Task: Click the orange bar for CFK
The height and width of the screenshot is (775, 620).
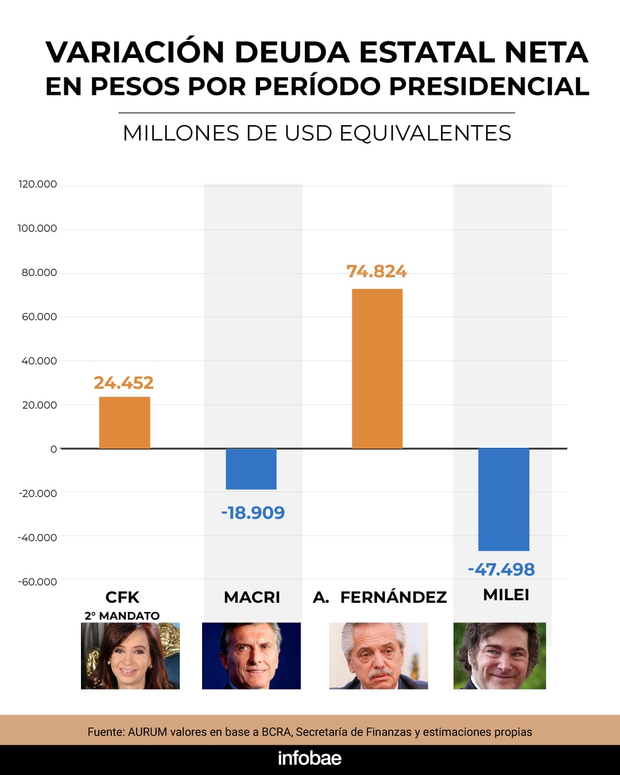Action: pyautogui.click(x=125, y=423)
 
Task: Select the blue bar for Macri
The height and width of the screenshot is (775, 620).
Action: pyautogui.click(x=251, y=469)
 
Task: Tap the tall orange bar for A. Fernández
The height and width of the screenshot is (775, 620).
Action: pyautogui.click(x=377, y=369)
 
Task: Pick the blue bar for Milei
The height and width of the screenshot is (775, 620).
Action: pyautogui.click(x=503, y=499)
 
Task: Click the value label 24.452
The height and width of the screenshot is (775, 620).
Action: pyautogui.click(x=123, y=383)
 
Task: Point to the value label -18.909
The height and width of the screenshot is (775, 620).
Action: pyautogui.click(x=253, y=513)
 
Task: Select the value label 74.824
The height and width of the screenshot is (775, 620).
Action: pyautogui.click(x=377, y=272)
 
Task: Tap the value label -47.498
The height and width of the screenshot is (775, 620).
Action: pyautogui.click(x=501, y=569)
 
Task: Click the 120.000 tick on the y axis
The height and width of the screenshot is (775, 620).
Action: pyautogui.click(x=38, y=184)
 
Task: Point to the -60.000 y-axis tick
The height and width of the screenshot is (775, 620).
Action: pyautogui.click(x=38, y=582)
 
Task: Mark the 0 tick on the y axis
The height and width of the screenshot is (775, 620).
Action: pyautogui.click(x=53, y=449)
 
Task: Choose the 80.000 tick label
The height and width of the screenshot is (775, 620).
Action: pyautogui.click(x=40, y=273)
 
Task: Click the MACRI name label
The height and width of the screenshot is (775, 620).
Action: pyautogui.click(x=252, y=598)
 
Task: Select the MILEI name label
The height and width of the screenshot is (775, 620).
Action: pyautogui.click(x=506, y=595)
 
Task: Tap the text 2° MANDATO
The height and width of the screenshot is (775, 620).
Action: pyautogui.click(x=122, y=616)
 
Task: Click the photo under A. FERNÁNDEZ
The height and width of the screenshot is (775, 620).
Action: pyautogui.click(x=378, y=656)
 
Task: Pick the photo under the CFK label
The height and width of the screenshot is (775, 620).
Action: pyautogui.click(x=130, y=656)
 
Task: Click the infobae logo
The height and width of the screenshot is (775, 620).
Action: pyautogui.click(x=309, y=758)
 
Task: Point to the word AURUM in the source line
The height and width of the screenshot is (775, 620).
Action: pyautogui.click(x=148, y=732)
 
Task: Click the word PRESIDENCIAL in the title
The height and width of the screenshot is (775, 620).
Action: pyautogui.click(x=489, y=87)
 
